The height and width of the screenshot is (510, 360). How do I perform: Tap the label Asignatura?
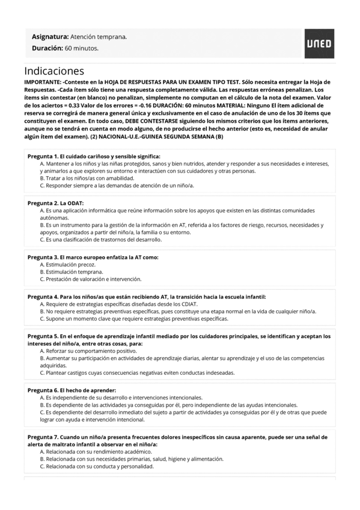coord(50,37)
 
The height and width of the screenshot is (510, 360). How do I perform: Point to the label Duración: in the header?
coord(47,48)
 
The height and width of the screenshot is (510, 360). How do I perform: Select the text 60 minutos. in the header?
coord(82,48)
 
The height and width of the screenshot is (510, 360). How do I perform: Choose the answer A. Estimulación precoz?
coord(67,265)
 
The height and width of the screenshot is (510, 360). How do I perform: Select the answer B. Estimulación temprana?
coord(71,272)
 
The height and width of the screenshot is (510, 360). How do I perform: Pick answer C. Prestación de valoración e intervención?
coord(90,279)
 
